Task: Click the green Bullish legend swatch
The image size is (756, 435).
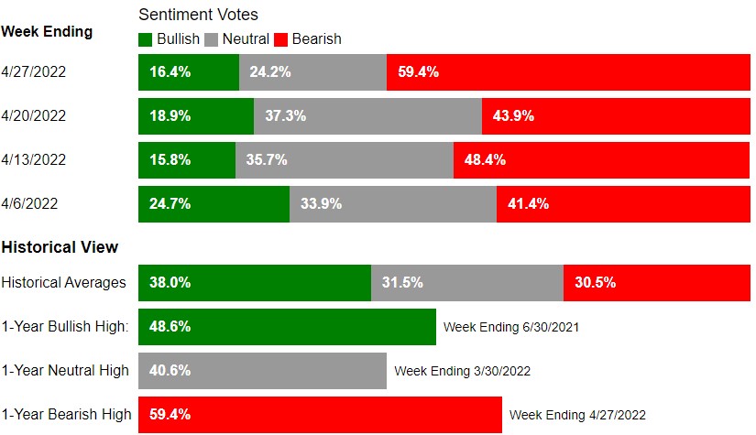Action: [146, 39]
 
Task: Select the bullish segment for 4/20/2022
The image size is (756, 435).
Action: [195, 116]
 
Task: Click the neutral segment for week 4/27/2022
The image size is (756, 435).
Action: [312, 72]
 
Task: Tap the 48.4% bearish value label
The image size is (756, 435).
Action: [485, 159]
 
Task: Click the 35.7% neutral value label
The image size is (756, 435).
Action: [267, 159]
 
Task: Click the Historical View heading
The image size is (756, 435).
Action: [60, 247]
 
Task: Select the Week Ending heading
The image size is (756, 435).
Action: [47, 31]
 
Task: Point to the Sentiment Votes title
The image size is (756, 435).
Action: [198, 15]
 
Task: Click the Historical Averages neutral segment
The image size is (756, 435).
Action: [466, 282]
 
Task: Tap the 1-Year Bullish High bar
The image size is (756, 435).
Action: [287, 326]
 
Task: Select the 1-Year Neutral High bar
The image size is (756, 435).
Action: [262, 370]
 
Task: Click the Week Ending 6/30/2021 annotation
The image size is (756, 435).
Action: [511, 327]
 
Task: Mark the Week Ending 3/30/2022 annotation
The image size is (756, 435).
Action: [462, 371]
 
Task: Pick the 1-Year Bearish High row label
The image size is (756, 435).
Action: [66, 414]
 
